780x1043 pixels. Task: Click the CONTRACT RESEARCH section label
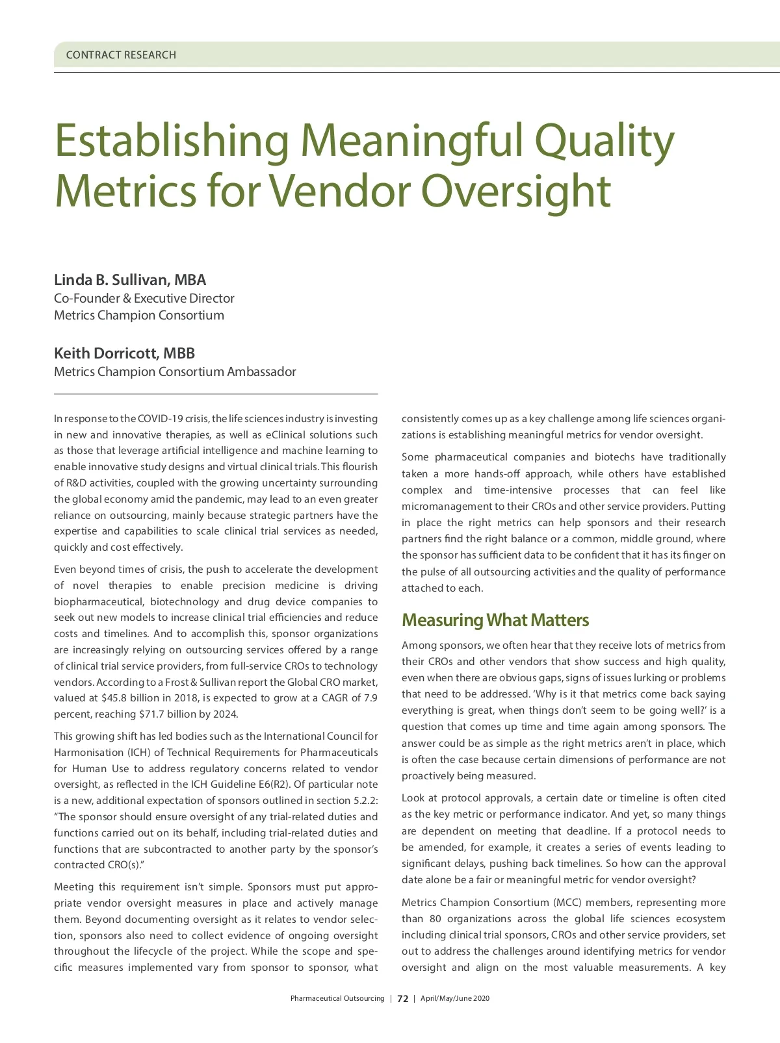[121, 55]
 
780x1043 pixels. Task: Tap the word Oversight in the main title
[516, 192]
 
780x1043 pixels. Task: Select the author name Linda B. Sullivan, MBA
[130, 280]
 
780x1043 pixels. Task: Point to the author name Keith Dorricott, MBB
[124, 353]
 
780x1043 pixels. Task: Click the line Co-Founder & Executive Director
[144, 298]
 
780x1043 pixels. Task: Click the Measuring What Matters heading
[495, 620]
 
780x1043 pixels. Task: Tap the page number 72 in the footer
[403, 999]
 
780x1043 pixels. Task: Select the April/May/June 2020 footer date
[455, 999]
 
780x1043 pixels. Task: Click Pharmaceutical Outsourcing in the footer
[337, 999]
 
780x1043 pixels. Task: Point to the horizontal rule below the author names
[216, 394]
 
